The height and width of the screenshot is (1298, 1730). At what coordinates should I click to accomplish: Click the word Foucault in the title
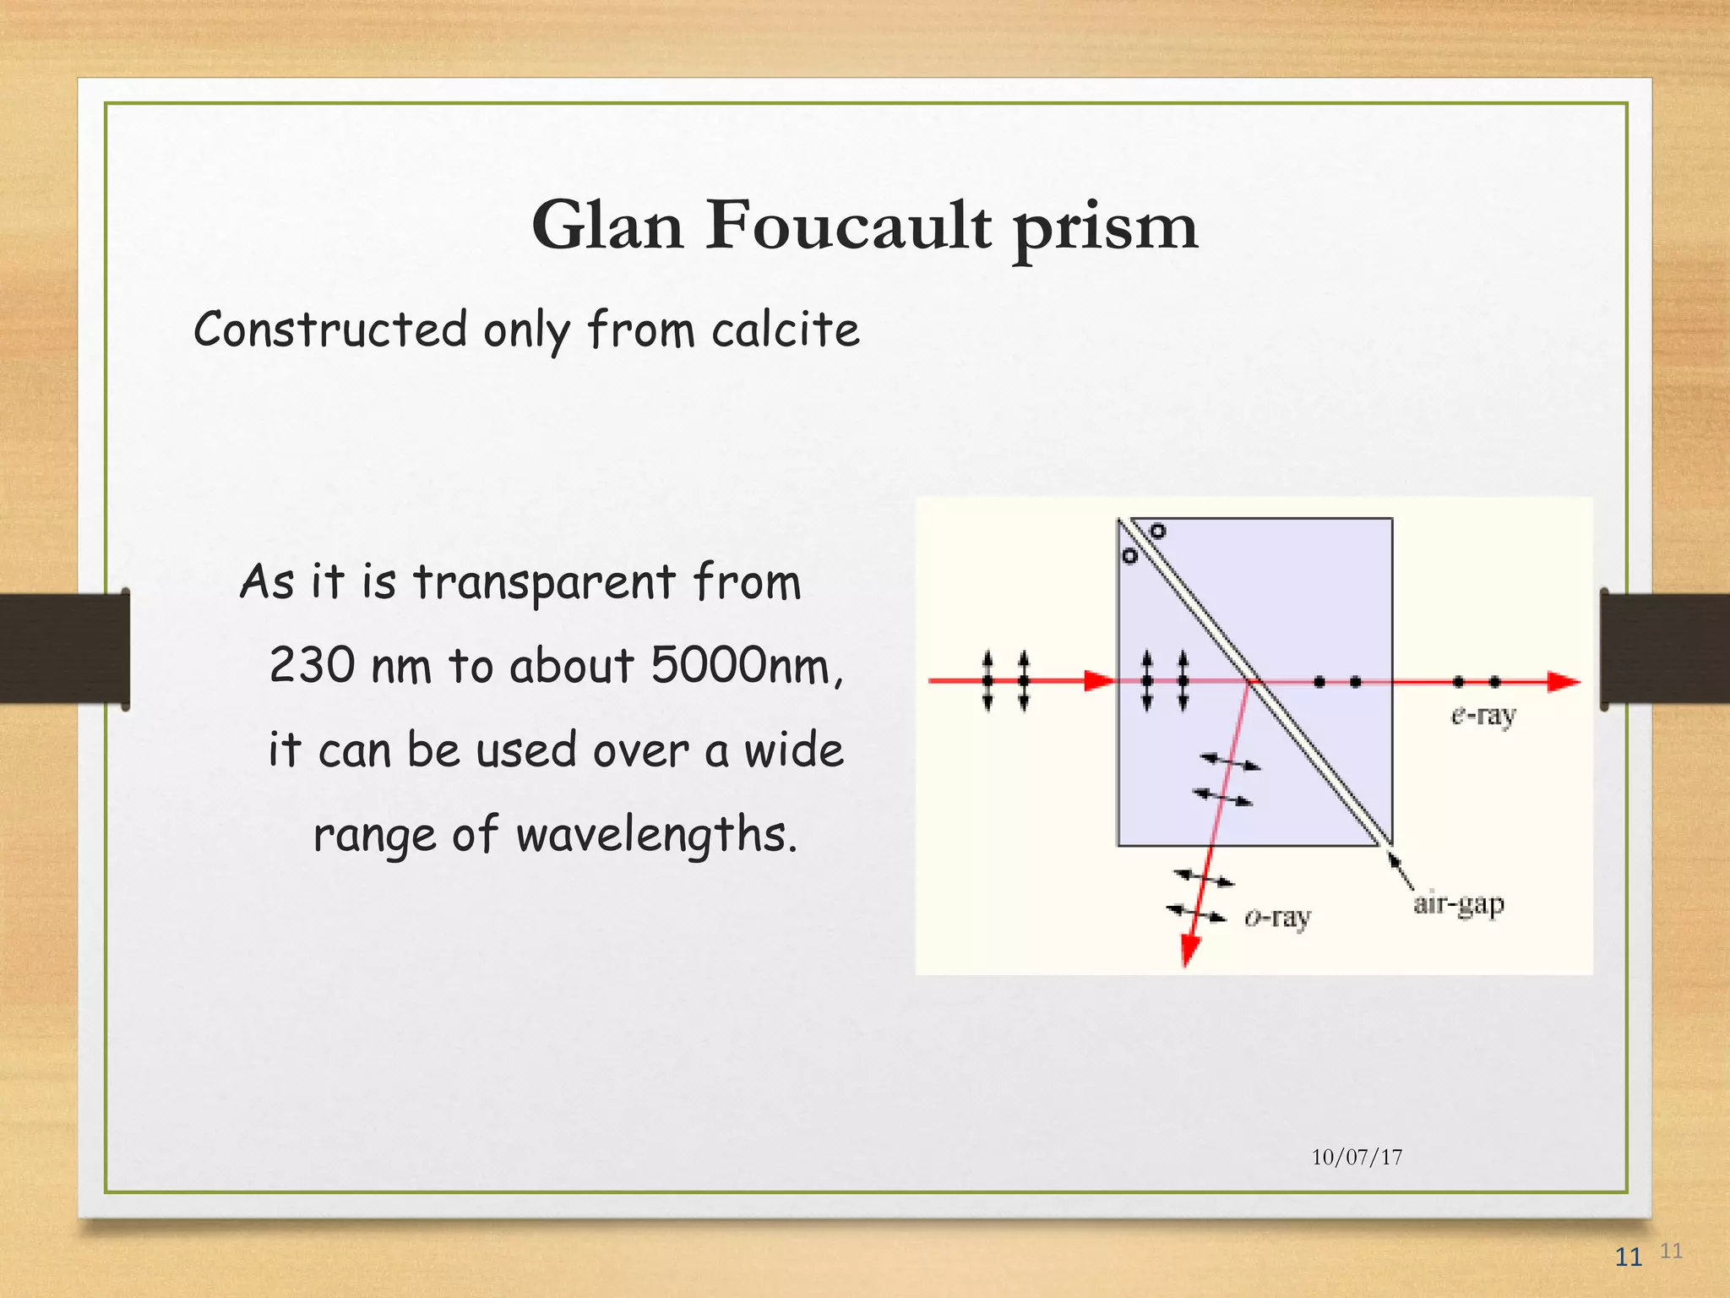pos(848,226)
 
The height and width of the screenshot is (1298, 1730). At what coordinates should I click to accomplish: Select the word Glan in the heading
pos(607,226)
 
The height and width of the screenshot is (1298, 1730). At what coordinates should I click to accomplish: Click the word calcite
pos(785,330)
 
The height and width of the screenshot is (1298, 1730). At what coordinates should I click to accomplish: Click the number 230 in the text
pos(312,665)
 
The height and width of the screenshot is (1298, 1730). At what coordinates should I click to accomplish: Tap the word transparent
pos(544,582)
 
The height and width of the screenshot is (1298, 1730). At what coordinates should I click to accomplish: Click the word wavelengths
pos(656,836)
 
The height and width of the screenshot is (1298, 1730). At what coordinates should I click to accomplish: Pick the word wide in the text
pos(793,750)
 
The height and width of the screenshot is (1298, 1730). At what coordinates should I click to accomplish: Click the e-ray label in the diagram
pos(1483,716)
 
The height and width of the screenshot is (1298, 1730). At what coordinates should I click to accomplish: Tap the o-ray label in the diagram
pos(1277,917)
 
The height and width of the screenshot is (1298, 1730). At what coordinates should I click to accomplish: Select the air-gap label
pos(1459,904)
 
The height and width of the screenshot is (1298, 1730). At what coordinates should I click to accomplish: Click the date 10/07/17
pos(1357,1157)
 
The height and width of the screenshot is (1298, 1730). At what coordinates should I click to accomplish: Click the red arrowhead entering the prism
pos(1099,680)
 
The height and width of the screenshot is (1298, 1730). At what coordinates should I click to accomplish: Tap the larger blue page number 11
pos(1628,1257)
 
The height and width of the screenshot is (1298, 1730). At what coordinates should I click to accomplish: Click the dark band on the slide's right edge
pos(1665,648)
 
